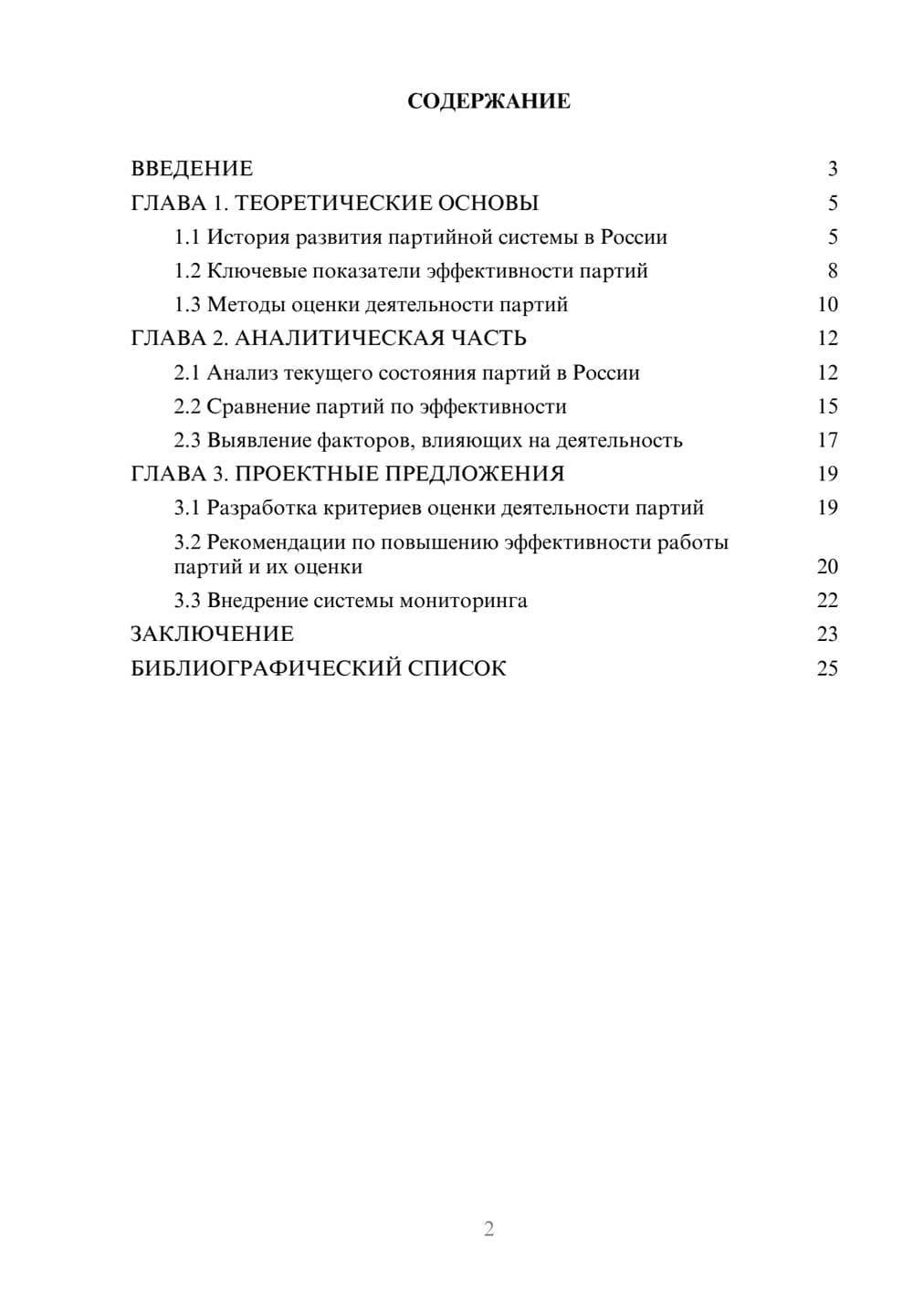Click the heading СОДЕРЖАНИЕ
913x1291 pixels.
click(488, 101)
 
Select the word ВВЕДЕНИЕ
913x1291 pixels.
click(192, 169)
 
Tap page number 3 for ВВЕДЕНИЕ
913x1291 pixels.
click(832, 169)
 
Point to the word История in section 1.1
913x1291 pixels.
click(245, 237)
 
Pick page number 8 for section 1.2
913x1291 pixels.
click(832, 271)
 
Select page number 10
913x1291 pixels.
click(827, 305)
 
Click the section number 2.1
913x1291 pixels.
click(187, 373)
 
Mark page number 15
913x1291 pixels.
click(827, 406)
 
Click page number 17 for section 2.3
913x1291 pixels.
click(827, 440)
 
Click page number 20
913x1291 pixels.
click(827, 567)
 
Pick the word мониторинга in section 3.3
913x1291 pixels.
click(463, 601)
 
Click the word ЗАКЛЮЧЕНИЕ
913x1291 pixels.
click(212, 635)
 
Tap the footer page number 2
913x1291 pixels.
click(488, 1229)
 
